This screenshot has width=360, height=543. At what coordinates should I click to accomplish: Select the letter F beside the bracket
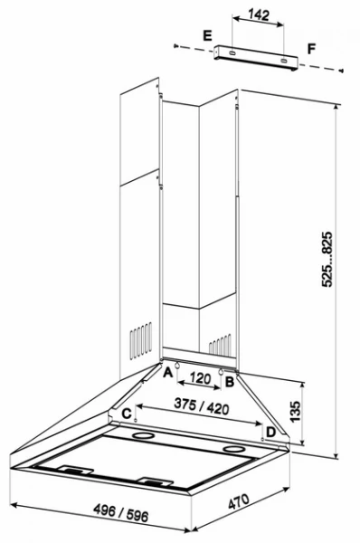click(312, 46)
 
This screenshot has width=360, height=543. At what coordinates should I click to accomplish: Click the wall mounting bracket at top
click(257, 58)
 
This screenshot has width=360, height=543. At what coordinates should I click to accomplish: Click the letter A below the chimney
click(168, 370)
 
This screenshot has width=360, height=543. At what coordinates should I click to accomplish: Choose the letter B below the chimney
click(230, 382)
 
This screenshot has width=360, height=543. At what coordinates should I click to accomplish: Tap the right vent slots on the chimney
click(220, 345)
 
